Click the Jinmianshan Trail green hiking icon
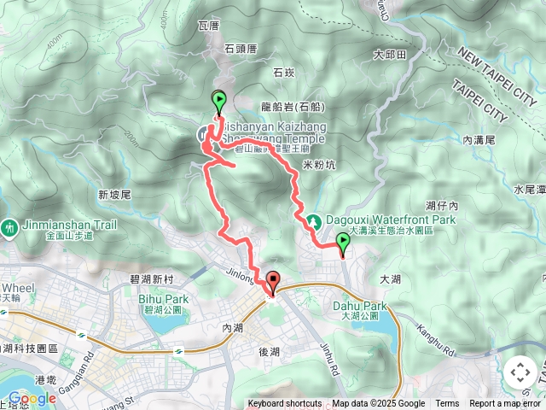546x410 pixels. pos(9,228)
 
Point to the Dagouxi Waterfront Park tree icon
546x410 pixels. pos(314,221)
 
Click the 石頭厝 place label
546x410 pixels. pos(240,49)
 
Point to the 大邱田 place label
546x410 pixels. pos(389,54)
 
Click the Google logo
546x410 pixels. pos(32,398)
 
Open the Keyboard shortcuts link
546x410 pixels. pos(285,404)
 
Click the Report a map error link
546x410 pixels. pos(504,404)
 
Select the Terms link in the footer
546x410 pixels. pos(447,404)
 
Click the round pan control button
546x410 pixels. pos(520,372)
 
